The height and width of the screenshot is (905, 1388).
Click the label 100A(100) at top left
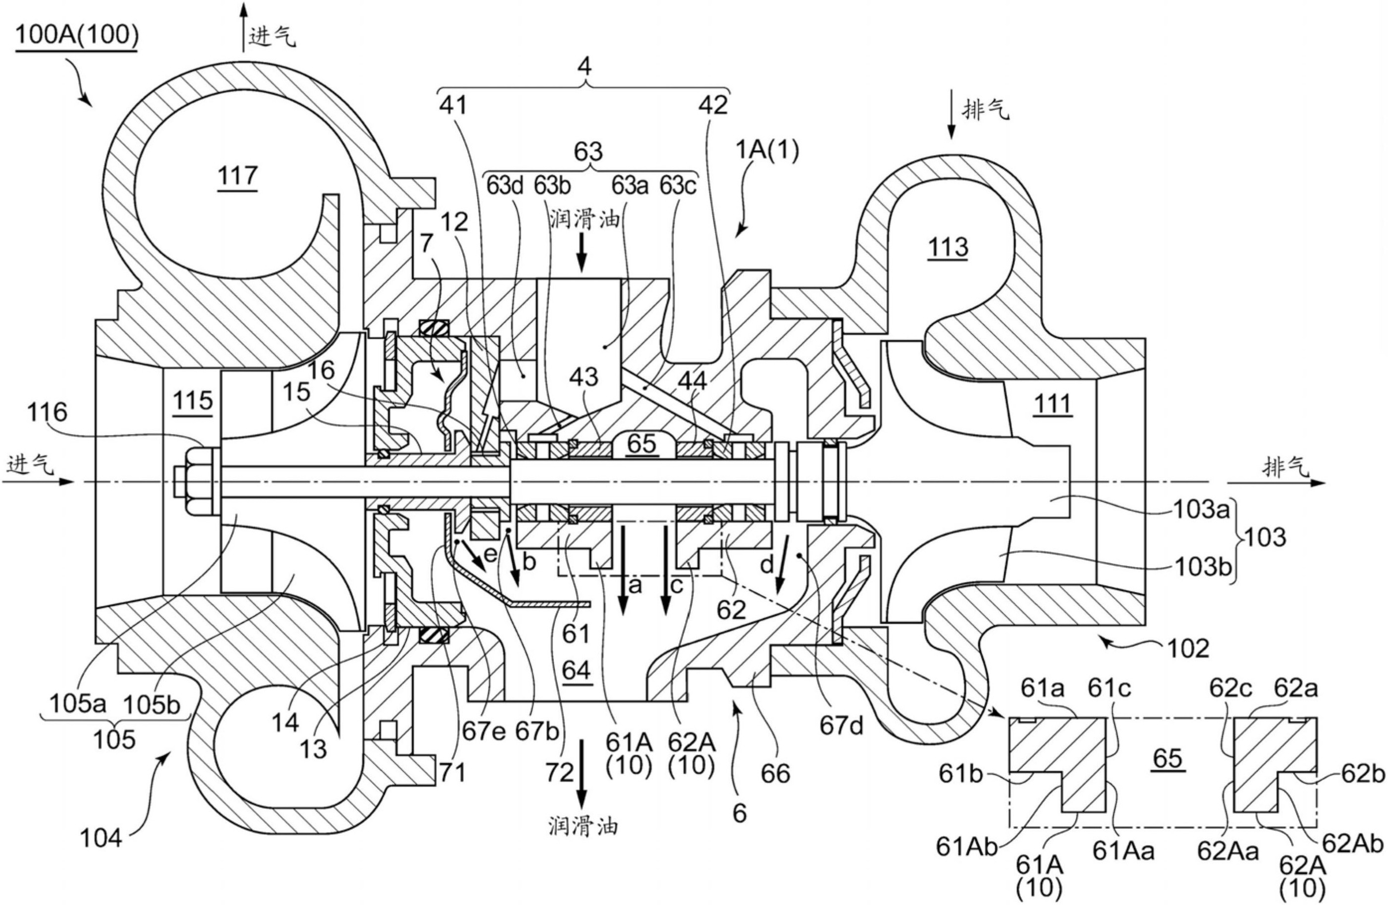(x=76, y=36)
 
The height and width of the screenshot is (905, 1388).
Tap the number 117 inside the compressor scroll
(x=237, y=175)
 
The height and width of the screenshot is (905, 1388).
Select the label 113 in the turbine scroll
(x=948, y=247)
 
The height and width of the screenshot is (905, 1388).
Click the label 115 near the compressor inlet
(x=193, y=401)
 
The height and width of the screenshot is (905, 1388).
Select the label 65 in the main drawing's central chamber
(x=641, y=444)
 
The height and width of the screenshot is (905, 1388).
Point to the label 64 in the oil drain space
(x=576, y=671)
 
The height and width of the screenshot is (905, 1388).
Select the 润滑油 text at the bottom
(x=583, y=826)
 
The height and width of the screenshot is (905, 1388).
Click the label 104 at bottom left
(x=100, y=839)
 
